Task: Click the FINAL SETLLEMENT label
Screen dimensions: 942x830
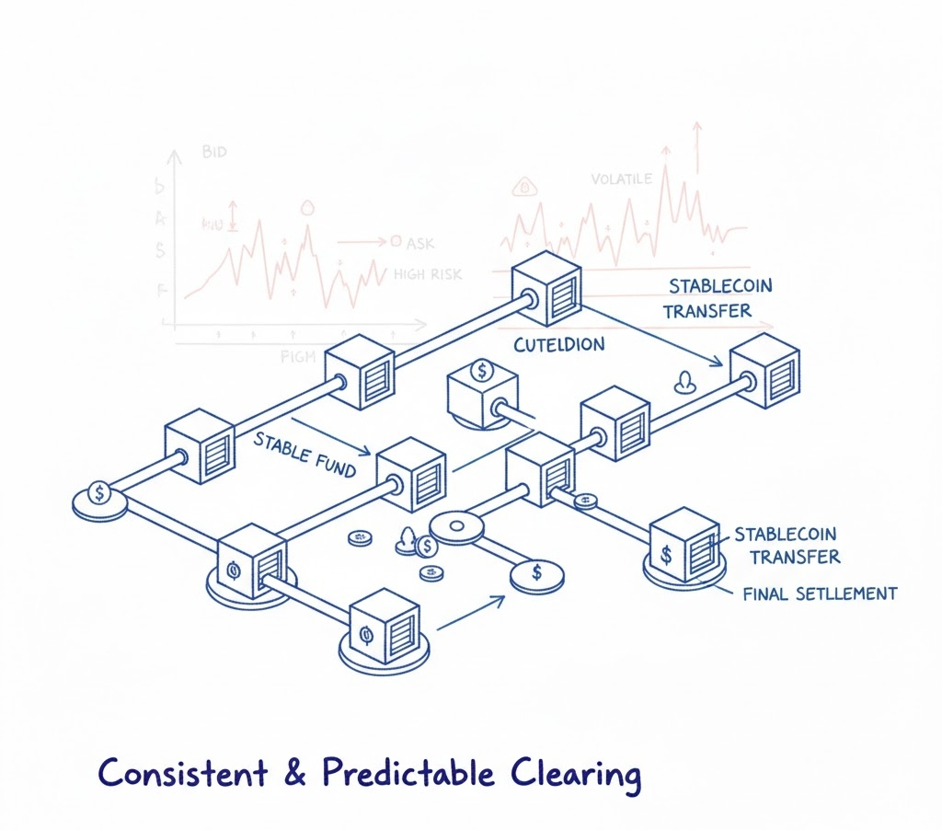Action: coord(820,594)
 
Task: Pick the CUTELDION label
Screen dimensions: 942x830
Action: coord(559,345)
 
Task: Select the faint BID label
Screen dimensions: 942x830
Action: coord(213,152)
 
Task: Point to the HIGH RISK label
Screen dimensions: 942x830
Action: coord(428,273)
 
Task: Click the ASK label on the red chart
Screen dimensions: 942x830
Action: coord(419,244)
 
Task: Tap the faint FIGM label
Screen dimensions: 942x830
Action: coord(297,357)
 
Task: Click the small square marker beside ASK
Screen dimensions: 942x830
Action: coord(396,242)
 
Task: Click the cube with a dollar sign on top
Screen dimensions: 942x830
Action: coord(479,394)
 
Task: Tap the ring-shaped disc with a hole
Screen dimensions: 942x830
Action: coord(457,528)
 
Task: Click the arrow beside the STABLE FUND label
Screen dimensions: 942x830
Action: coord(331,437)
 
